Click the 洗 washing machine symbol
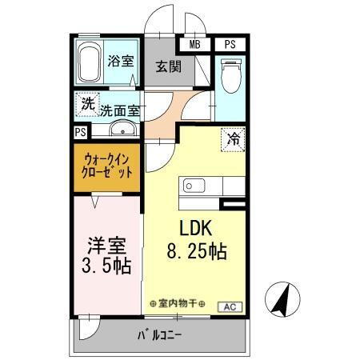tap(86, 103)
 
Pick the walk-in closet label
tap(107, 165)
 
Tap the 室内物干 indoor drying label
tap(178, 304)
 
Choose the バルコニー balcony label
tap(159, 334)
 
